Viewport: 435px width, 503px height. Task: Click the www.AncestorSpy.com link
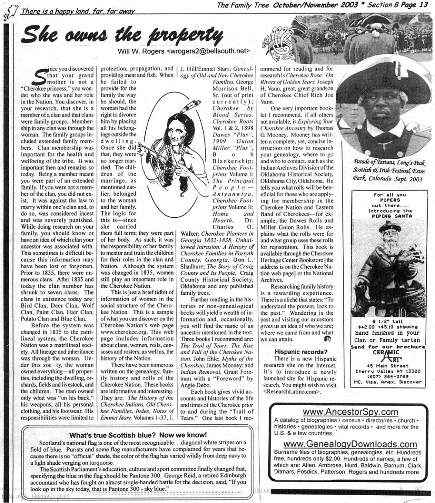coord(345,412)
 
